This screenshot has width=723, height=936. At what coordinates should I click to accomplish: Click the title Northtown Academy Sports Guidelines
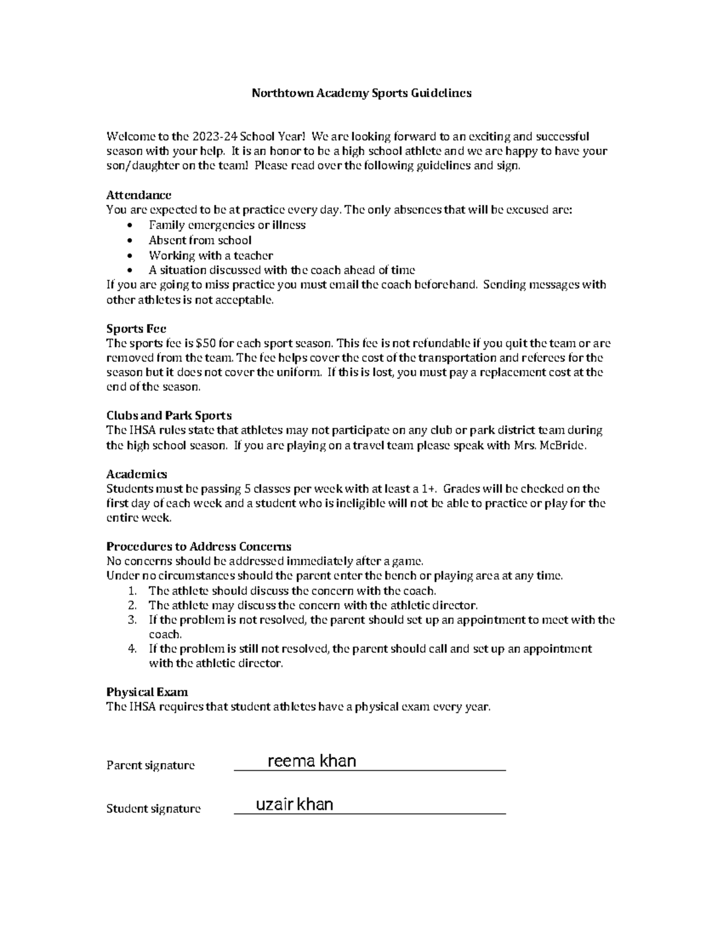point(361,93)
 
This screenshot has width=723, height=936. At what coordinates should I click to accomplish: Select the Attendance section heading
point(139,195)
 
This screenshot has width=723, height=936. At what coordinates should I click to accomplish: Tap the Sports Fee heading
point(136,328)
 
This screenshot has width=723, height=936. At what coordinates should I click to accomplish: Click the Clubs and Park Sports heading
point(169,415)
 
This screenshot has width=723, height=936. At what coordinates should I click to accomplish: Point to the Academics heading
point(137,474)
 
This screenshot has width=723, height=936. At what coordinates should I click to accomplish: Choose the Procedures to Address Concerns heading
point(199,546)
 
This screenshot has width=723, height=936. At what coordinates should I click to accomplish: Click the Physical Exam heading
point(147,691)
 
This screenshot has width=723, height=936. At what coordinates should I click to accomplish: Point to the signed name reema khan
point(311,761)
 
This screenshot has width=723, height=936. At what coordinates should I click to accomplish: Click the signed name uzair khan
point(295,804)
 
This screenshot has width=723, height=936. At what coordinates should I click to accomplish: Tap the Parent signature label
point(151,765)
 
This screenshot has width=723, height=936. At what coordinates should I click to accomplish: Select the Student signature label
point(153,808)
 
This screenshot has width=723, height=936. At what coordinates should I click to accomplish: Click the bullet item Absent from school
point(200,240)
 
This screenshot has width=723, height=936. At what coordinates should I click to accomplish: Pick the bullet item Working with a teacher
point(211,255)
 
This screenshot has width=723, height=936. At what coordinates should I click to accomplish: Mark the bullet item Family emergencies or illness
point(227,225)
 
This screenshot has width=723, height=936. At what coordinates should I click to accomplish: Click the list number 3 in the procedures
point(133,620)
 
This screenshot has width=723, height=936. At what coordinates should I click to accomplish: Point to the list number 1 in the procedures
point(133,591)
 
